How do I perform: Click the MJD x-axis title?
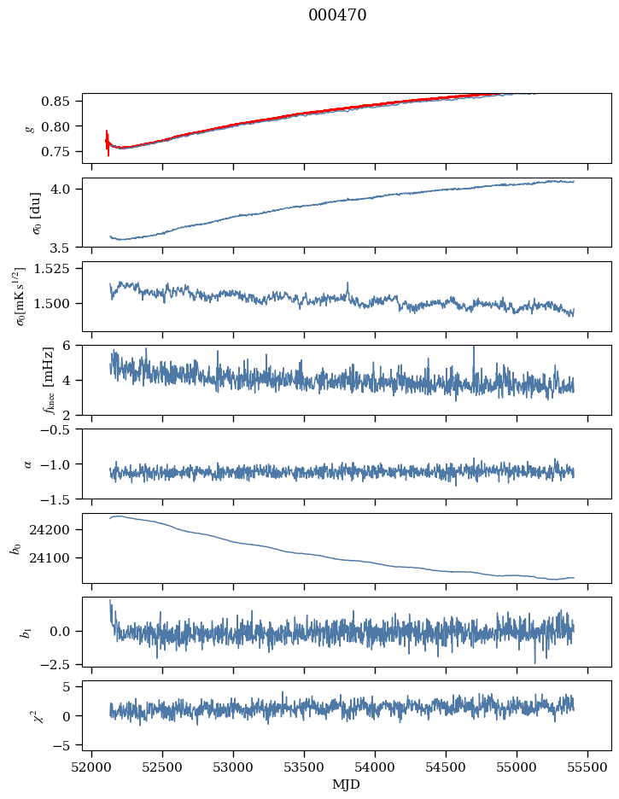347,784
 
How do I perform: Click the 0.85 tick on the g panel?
62,102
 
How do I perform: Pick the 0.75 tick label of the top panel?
62,152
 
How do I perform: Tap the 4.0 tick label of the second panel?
67,189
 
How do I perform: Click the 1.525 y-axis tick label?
57,269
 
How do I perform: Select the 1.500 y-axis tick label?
57,304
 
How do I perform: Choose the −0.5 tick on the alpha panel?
62,429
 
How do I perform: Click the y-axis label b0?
15,548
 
